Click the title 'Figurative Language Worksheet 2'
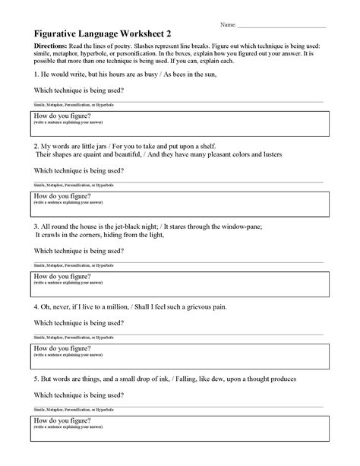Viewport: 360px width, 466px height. click(x=98, y=33)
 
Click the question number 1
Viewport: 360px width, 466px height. click(x=36, y=76)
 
